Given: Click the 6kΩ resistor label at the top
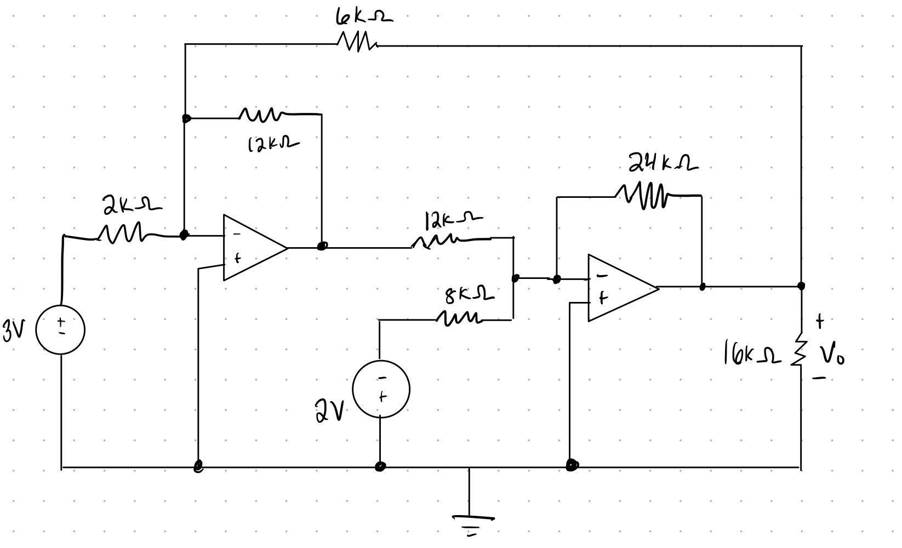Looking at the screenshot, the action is (364, 18).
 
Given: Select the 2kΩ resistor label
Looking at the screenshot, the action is (133, 204).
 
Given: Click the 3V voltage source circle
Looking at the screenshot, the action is (60, 330).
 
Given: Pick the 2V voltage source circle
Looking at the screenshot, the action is (381, 389).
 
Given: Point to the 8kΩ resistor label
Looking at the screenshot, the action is (470, 295).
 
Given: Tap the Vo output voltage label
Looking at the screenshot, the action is (832, 355).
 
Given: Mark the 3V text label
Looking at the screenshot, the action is (14, 330).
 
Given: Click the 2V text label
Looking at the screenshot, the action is (329, 410).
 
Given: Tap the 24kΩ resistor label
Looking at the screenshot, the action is (663, 162).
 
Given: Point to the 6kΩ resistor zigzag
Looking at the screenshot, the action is (358, 42).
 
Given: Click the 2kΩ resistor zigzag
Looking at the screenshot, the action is (120, 233).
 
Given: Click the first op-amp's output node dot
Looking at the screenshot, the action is (322, 246).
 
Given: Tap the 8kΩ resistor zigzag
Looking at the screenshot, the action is (459, 318).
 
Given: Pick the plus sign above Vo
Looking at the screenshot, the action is (820, 321).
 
